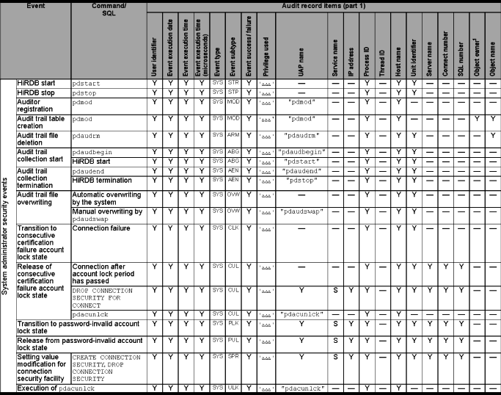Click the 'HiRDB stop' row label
pos(37,93)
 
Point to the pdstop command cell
pos(87,93)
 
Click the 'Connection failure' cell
pos(102,228)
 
